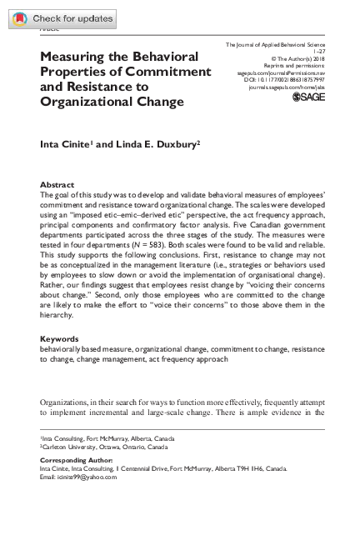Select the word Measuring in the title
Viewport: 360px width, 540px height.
pyautogui.click(x=78, y=57)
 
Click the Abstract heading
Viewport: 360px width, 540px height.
pyautogui.click(x=57, y=183)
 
